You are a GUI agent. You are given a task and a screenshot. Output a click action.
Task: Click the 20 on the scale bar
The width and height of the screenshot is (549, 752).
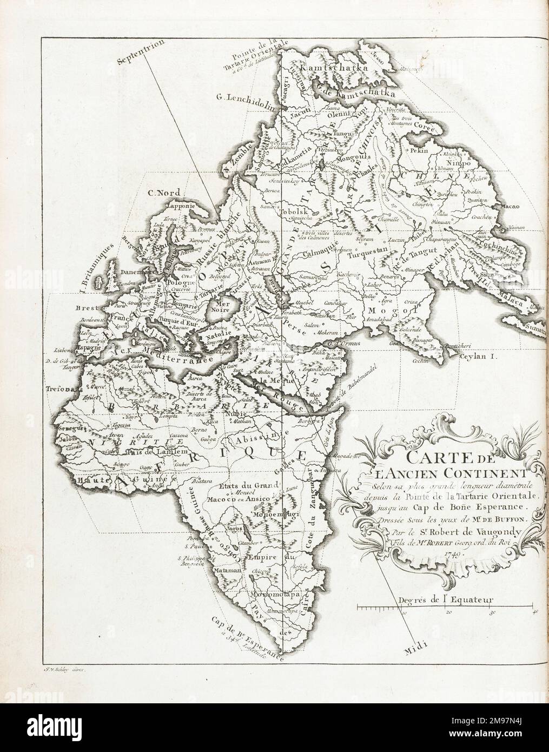(448, 614)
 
